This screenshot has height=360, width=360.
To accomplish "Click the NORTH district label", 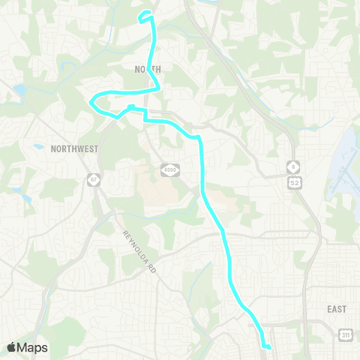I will (x=148, y=68).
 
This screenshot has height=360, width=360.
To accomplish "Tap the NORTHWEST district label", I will (x=74, y=148).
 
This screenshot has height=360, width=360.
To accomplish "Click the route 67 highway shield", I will (x=92, y=180).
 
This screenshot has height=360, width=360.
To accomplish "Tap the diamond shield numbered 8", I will (x=295, y=165).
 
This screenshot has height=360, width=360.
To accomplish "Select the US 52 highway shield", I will (x=295, y=180).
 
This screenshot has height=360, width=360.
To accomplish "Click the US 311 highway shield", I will (x=344, y=332).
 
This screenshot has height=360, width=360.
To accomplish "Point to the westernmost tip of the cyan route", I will (x=90, y=101).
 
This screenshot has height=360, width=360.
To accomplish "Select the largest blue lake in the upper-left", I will (x=18, y=91).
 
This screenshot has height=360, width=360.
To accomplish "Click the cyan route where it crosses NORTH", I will (x=154, y=68).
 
